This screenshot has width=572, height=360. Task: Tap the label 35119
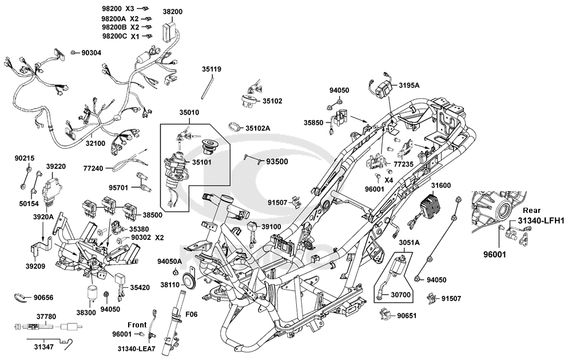click(x=211, y=69)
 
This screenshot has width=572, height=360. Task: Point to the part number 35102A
click(x=259, y=128)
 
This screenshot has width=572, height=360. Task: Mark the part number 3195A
click(x=409, y=85)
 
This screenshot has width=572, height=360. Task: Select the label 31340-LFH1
click(x=541, y=220)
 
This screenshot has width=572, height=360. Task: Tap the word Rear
click(x=532, y=210)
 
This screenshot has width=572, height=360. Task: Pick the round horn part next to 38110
click(x=187, y=281)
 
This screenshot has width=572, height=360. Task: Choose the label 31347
click(x=44, y=346)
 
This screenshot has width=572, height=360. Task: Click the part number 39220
click(x=55, y=167)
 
